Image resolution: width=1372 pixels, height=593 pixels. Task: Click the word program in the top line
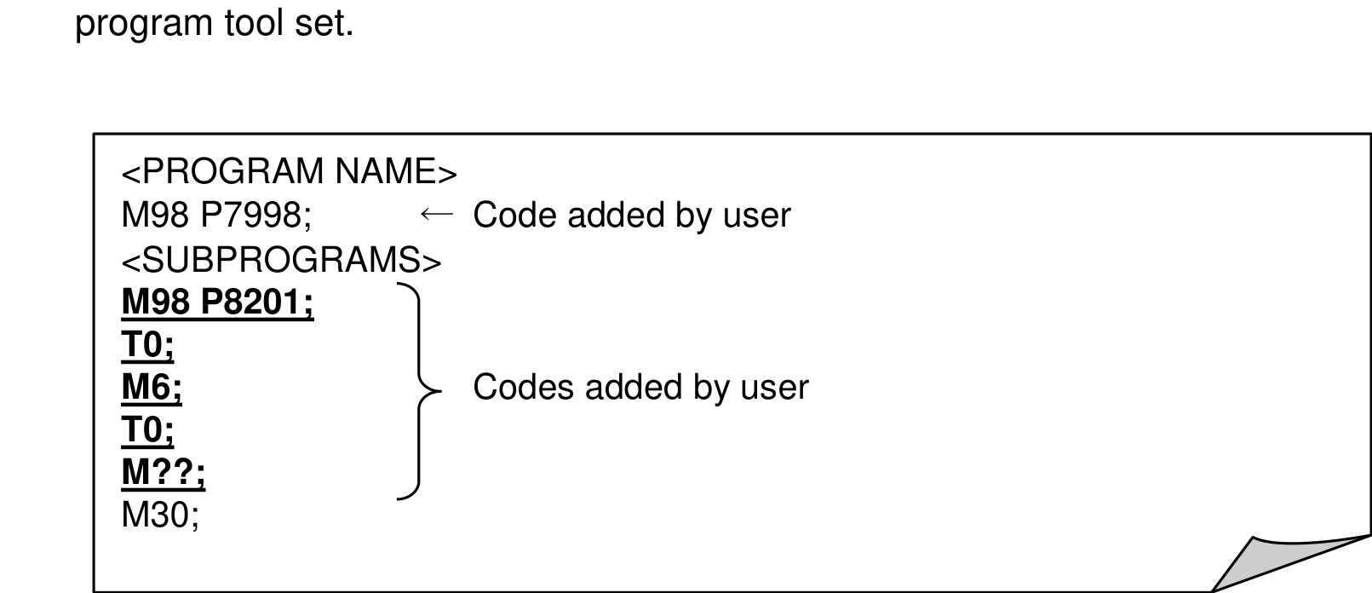[144, 26]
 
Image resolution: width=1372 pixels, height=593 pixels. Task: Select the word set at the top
[324, 24]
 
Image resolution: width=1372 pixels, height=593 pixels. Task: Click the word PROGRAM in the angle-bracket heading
[232, 171]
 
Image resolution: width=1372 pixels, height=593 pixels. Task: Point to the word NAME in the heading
[386, 171]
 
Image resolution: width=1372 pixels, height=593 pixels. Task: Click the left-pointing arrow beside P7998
[437, 214]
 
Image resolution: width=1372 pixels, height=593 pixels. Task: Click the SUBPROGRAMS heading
[281, 260]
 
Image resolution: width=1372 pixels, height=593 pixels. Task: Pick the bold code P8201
[257, 302]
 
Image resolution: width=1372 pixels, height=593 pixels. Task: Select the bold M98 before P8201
[156, 302]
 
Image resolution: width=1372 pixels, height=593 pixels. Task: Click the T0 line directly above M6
[147, 345]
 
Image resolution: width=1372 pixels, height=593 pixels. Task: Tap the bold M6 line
[152, 387]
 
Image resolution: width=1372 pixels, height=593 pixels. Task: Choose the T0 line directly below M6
[147, 429]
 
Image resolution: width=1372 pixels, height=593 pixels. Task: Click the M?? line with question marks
[164, 472]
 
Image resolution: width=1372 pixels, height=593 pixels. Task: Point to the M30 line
[160, 515]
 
